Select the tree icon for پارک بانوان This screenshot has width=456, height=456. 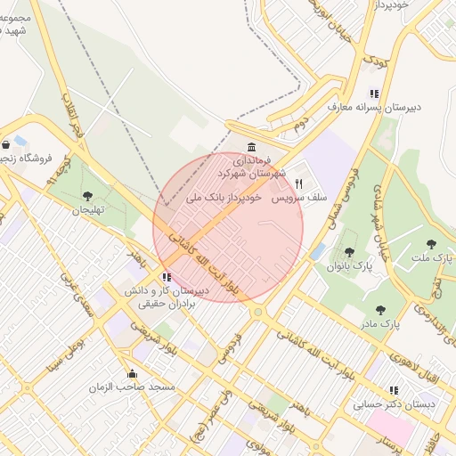tap(349, 252)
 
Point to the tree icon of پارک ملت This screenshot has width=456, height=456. tap(432, 243)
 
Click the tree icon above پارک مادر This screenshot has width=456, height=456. tap(380, 310)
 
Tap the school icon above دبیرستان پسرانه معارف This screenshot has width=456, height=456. tap(374, 94)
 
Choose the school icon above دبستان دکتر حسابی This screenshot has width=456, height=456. tap(394, 390)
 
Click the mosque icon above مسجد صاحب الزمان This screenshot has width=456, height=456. tap(133, 374)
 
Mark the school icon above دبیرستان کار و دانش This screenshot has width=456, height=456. tap(167, 277)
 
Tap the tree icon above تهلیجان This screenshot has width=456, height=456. tap(86, 196)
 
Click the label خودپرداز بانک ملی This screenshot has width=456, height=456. tap(223, 197)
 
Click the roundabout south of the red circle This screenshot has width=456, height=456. tap(257, 312)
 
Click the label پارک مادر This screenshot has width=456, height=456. tap(380, 324)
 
